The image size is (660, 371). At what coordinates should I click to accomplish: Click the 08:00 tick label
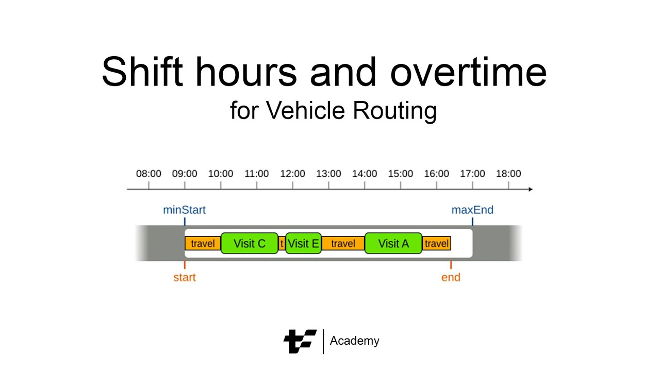coord(148,174)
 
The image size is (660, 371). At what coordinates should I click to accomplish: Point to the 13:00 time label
coord(328,174)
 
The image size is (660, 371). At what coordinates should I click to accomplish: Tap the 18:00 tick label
coord(508,174)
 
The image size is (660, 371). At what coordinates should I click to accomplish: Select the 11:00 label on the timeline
coord(256,174)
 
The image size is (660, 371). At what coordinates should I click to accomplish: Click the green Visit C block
coord(250,243)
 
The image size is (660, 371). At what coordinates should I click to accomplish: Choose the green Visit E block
coord(303,243)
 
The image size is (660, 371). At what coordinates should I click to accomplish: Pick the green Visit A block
coord(393,243)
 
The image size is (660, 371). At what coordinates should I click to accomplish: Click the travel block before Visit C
coord(203,243)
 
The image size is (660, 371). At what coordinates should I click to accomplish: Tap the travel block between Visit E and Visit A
coord(343,243)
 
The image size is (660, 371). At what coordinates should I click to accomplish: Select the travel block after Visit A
coord(437,243)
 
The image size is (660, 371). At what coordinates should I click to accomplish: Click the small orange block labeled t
coord(282,243)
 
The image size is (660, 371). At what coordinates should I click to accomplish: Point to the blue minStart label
coord(184,210)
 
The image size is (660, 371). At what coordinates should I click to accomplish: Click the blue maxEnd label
coord(472,210)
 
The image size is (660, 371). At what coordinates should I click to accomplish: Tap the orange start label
coord(185,277)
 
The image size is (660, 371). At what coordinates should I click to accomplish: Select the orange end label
coord(451,277)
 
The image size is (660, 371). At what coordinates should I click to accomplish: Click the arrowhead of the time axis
coord(530,189)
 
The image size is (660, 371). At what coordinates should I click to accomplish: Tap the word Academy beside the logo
coord(354,341)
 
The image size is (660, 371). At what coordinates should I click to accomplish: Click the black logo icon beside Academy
coord(300,341)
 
